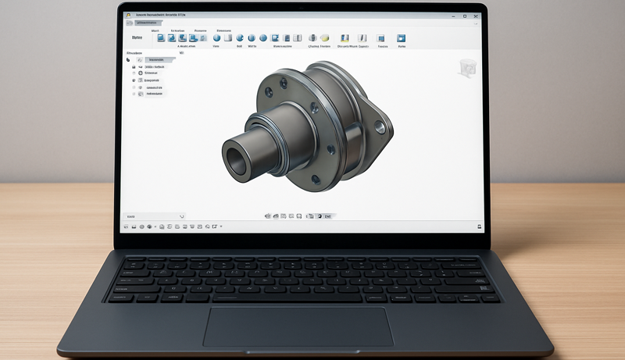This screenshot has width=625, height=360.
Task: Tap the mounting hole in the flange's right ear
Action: tap(381, 125)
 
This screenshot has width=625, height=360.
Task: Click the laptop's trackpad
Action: tap(298, 326)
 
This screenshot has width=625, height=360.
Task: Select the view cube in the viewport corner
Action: tap(467, 67)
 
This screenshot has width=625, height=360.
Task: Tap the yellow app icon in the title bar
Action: tap(129, 15)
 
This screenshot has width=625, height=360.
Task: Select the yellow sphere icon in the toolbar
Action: tap(323, 37)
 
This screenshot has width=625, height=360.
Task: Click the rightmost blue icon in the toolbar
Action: tap(401, 37)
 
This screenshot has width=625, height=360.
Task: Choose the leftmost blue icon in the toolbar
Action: tap(161, 37)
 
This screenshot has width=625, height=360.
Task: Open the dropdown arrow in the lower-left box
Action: tap(181, 216)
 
